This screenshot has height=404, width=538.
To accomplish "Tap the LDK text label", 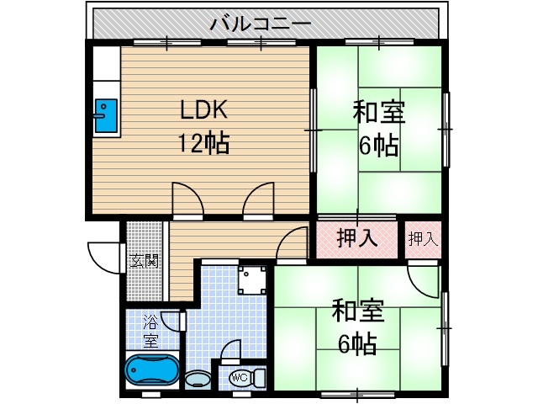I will (202, 110).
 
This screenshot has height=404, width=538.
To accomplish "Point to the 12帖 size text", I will (202, 143).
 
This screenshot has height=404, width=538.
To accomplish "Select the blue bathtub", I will (151, 370).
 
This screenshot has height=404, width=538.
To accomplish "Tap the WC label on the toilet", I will (239, 376).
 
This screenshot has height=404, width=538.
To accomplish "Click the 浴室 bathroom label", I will (150, 331).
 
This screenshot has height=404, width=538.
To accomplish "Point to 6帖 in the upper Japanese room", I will (378, 145).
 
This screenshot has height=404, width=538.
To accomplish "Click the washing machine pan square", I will (253, 279).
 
